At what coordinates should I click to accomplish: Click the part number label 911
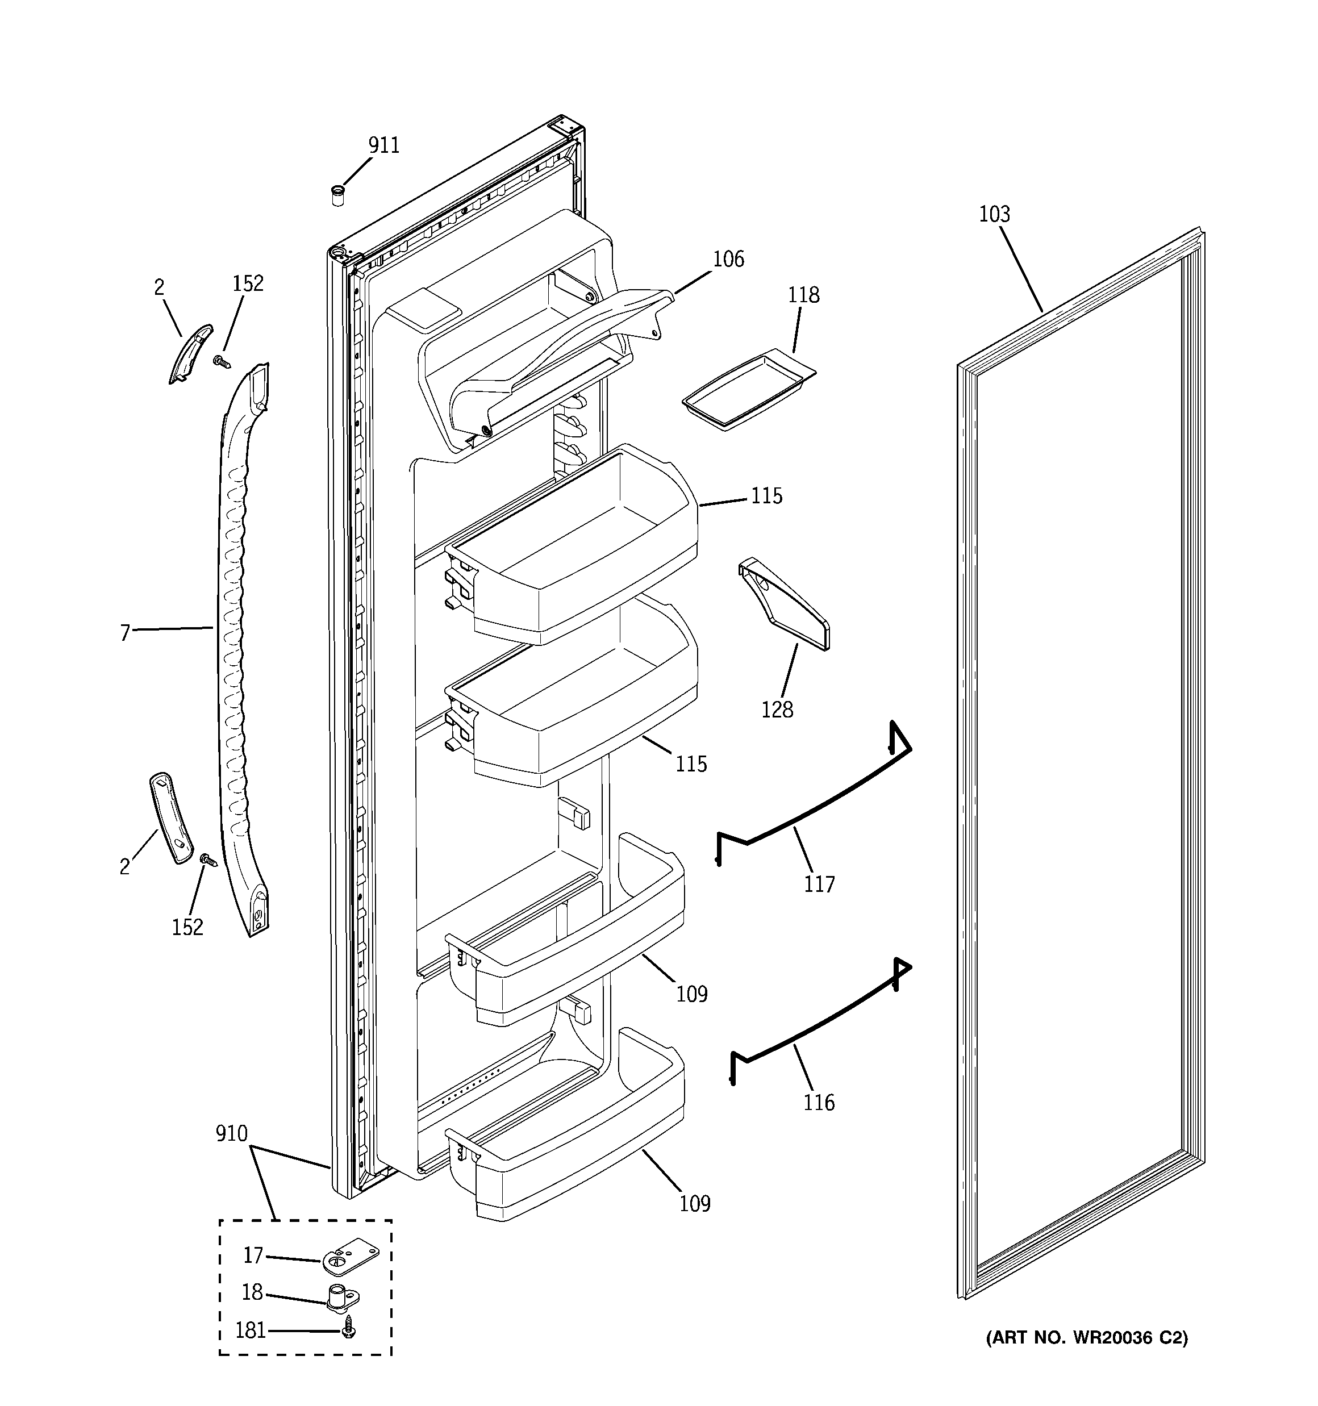pos(383,145)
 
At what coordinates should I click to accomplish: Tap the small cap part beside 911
pos(338,195)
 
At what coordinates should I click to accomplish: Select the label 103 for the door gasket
pos(994,214)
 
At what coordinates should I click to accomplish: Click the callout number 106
pos(728,260)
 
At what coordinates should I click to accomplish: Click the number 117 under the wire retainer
pos(819,884)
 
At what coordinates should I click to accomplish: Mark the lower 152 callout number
pos(187,927)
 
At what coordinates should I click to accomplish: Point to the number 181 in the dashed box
pos(251,1331)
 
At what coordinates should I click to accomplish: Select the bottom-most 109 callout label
pos(695,1204)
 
